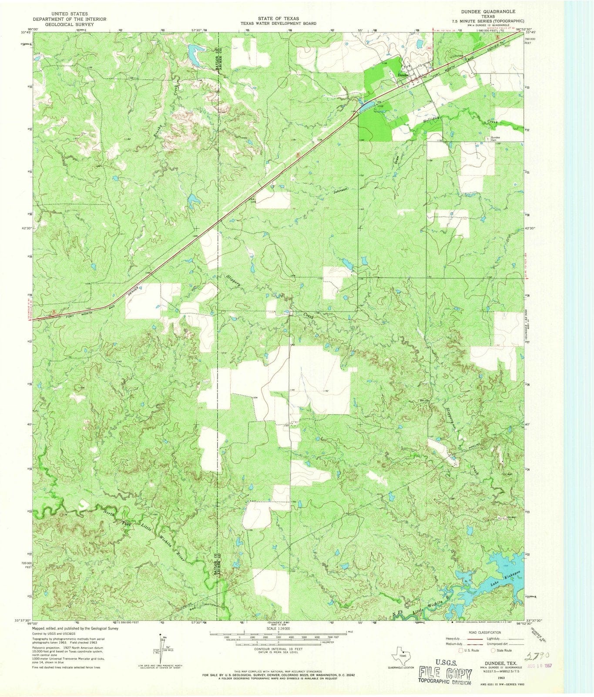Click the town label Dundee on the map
403,75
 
